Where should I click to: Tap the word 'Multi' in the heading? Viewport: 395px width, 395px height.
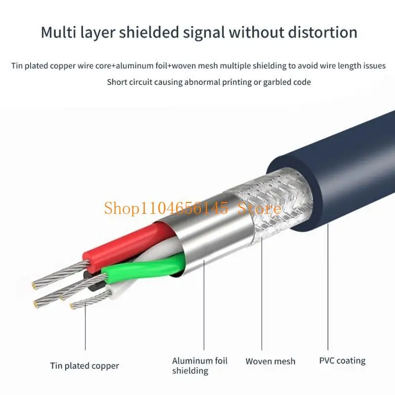click(x=57, y=33)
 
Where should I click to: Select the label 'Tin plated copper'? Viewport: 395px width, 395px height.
click(x=84, y=366)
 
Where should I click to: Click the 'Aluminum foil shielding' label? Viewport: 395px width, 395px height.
click(x=199, y=366)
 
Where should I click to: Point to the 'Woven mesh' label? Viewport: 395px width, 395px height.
click(x=270, y=361)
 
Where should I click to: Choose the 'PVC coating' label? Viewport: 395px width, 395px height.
click(x=342, y=361)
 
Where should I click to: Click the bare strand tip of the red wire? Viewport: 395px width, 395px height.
click(x=59, y=276)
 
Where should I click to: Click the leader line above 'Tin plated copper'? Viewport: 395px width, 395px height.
click(x=84, y=331)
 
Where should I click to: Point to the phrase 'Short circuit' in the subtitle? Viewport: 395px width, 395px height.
click(x=129, y=82)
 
